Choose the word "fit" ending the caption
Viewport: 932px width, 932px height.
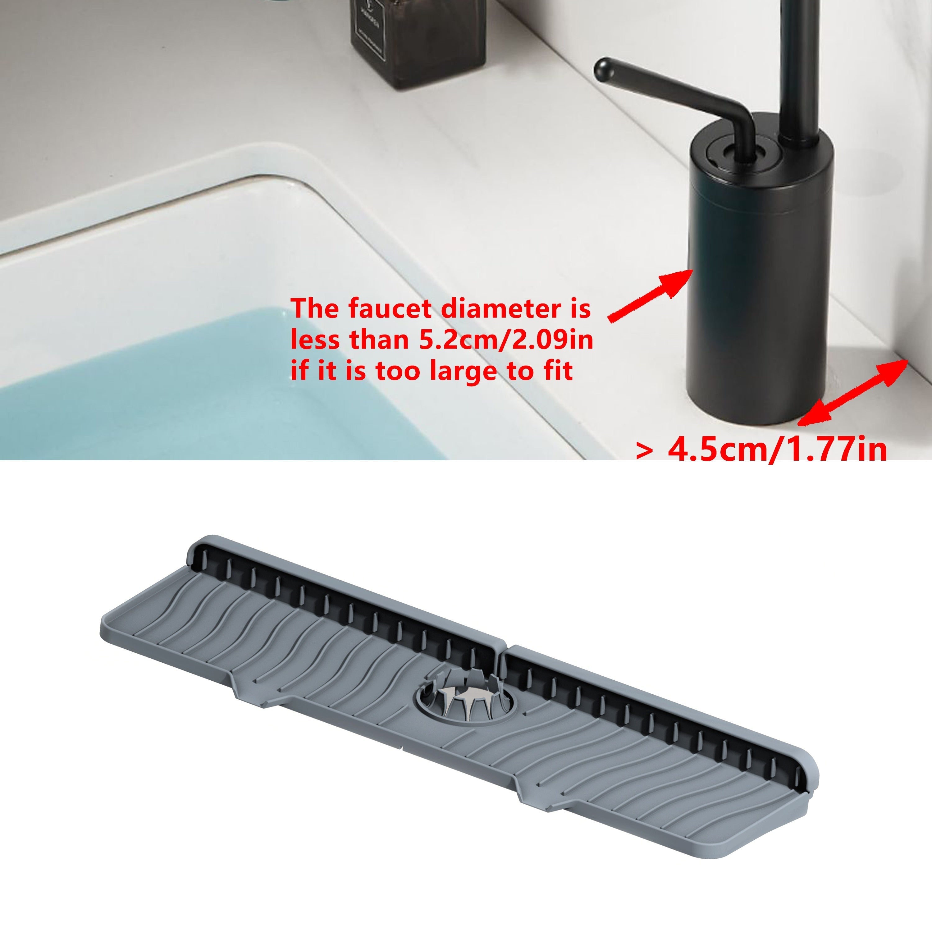point(557,372)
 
